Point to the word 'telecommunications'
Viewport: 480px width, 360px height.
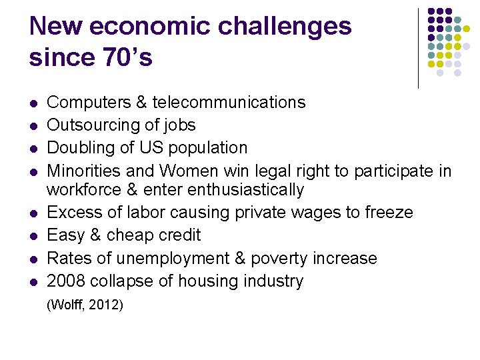coord(229,102)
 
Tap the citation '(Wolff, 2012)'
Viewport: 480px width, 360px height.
coord(85,305)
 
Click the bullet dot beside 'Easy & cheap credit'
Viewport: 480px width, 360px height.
coord(33,236)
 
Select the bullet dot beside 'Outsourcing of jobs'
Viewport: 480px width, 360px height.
coord(33,125)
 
